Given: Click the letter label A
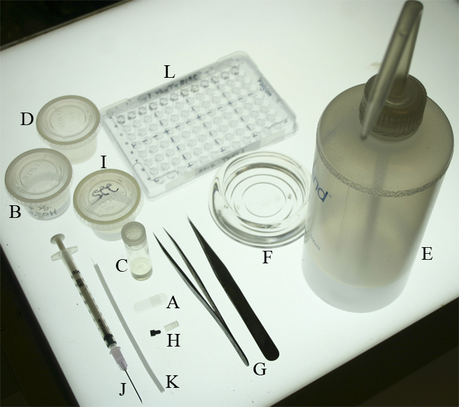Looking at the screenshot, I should click(173, 303).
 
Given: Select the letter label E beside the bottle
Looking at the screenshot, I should click(426, 254).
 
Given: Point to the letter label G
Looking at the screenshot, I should click(259, 369).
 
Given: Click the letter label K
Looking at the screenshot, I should click(172, 381).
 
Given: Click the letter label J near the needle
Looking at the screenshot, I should click(123, 388).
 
